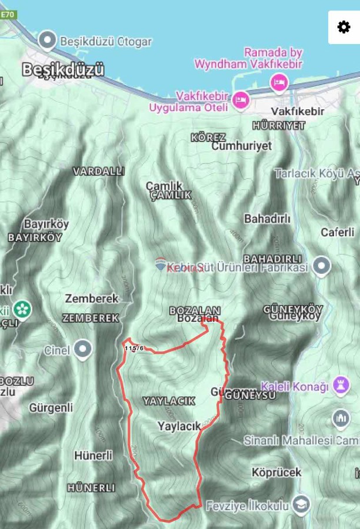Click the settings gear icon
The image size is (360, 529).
tap(344, 27)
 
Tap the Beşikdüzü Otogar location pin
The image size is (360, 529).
tap(46, 41)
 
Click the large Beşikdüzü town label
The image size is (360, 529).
tap(63, 69)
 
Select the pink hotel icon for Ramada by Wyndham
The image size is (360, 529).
tap(279, 82)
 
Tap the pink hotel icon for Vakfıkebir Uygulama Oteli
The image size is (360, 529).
tap(241, 101)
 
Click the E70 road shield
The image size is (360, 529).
tap(8, 15)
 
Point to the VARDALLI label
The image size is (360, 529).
tap(99, 171)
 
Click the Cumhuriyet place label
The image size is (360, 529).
tap(242, 146)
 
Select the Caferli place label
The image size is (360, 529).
tap(338, 232)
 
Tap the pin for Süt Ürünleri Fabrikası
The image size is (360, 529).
tap(321, 266)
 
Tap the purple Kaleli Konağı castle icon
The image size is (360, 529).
tap(341, 386)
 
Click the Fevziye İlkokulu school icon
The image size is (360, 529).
tap(301, 505)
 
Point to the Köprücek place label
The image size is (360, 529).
tap(276, 472)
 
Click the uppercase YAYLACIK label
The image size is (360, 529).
tap(169, 401)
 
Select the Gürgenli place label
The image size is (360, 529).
tap(51, 407)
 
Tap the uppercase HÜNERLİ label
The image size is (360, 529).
tap(91, 487)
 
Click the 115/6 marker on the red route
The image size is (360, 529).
tap(134, 348)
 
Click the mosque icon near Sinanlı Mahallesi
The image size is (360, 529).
tap(341, 419)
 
